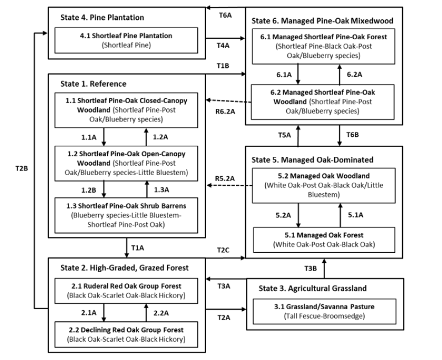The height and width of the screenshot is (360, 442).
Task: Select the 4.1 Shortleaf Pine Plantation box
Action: (126, 40)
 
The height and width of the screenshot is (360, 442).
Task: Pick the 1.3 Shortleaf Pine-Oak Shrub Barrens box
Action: (126, 213)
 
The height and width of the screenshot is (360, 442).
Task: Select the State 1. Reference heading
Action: (93, 84)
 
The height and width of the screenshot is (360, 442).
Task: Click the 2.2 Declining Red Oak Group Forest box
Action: (126, 334)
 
